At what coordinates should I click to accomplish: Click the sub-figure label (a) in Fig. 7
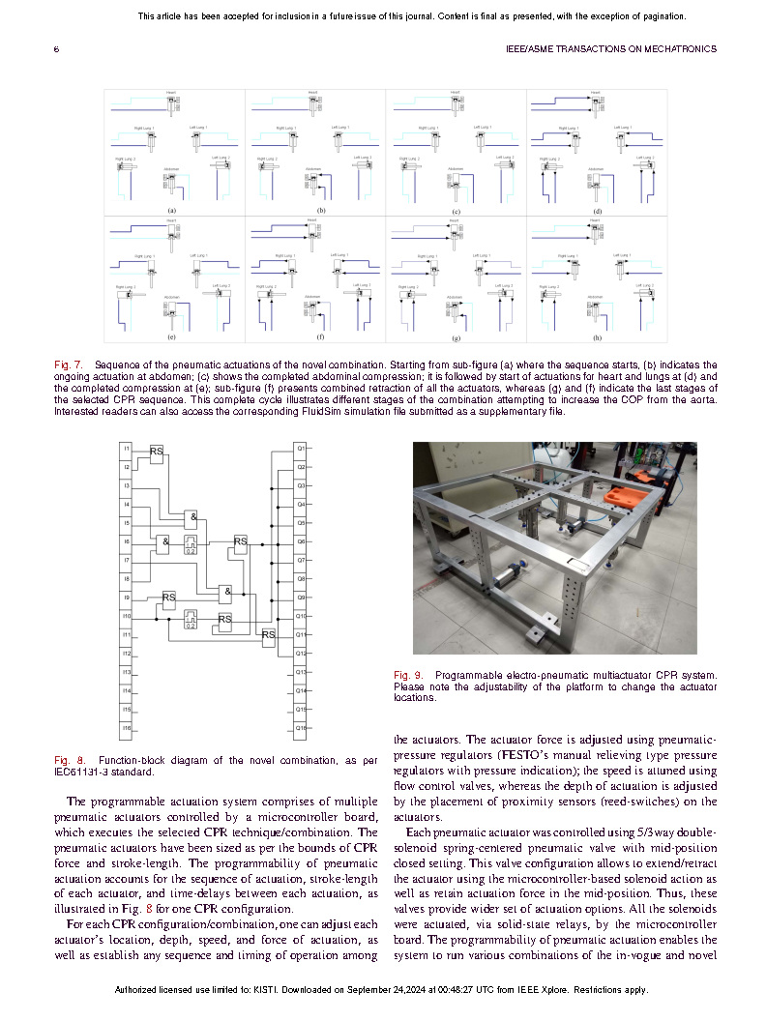(171, 210)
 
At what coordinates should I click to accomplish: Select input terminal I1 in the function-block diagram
(127, 449)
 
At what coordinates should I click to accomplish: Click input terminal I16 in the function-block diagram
(127, 727)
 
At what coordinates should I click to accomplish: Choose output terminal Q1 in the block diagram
(301, 449)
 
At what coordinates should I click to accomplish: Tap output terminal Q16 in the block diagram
(301, 727)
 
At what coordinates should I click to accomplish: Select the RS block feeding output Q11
(268, 634)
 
